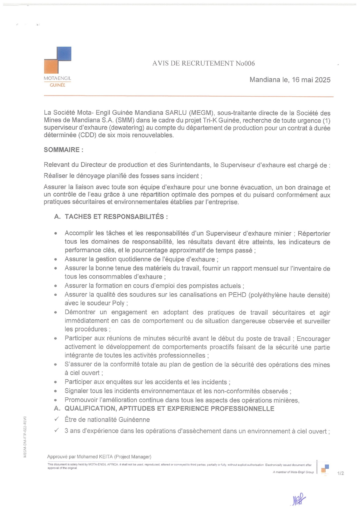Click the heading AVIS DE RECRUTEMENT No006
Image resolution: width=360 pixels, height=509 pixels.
click(203, 64)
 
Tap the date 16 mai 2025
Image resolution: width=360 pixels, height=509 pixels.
click(311, 80)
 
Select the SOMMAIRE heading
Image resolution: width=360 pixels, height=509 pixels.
click(64, 150)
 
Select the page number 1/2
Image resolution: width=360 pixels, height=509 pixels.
click(341, 473)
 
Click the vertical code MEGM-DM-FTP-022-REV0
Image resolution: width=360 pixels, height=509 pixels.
click(25, 437)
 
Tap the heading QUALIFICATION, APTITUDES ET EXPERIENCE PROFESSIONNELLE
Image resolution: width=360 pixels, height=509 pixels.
click(169, 409)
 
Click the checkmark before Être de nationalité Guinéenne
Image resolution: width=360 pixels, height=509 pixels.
click(57, 419)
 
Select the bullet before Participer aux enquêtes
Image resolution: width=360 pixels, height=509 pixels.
click(55, 382)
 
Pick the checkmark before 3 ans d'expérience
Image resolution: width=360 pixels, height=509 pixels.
click(57, 431)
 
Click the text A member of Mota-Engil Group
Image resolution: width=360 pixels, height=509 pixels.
click(293, 472)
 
